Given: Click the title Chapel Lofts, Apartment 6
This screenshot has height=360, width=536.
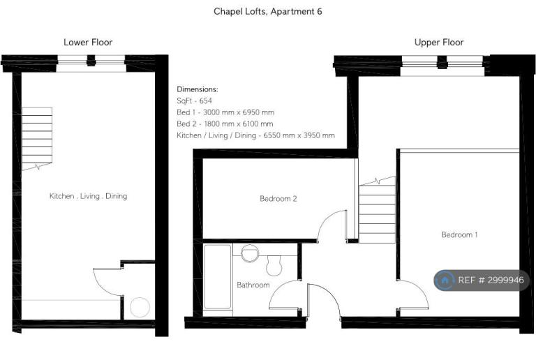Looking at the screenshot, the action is [268, 12].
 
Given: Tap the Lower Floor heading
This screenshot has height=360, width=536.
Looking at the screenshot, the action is [88, 42].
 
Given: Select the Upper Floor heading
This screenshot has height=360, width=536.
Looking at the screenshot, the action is [439, 42].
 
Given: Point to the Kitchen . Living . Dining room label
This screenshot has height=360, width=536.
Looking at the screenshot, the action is [88, 196].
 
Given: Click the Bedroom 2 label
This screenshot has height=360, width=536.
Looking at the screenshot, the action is [278, 198].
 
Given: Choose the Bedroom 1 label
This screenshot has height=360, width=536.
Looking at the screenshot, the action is [459, 234].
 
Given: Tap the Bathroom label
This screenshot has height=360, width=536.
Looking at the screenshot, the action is [253, 285].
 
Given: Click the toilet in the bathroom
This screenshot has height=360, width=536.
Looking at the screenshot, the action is [274, 265].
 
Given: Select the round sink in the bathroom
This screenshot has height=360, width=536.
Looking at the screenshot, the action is [250, 253].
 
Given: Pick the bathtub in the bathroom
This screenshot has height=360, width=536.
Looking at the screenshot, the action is [218, 277].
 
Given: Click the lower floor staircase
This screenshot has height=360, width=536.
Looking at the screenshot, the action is [37, 138].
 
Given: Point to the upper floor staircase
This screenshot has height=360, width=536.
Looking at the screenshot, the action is [377, 210].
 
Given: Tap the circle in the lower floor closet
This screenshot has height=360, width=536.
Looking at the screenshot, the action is [140, 307].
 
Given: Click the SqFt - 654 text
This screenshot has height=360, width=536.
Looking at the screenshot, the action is [194, 100].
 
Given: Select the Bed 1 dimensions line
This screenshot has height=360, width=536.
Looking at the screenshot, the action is [225, 112].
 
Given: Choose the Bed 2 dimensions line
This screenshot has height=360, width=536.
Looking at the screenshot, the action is [225, 124].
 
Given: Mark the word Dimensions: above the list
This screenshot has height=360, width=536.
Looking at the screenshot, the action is [198, 89].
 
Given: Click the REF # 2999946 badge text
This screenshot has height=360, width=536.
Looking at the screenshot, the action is [491, 280].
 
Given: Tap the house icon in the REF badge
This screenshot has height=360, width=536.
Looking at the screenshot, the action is [445, 280].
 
